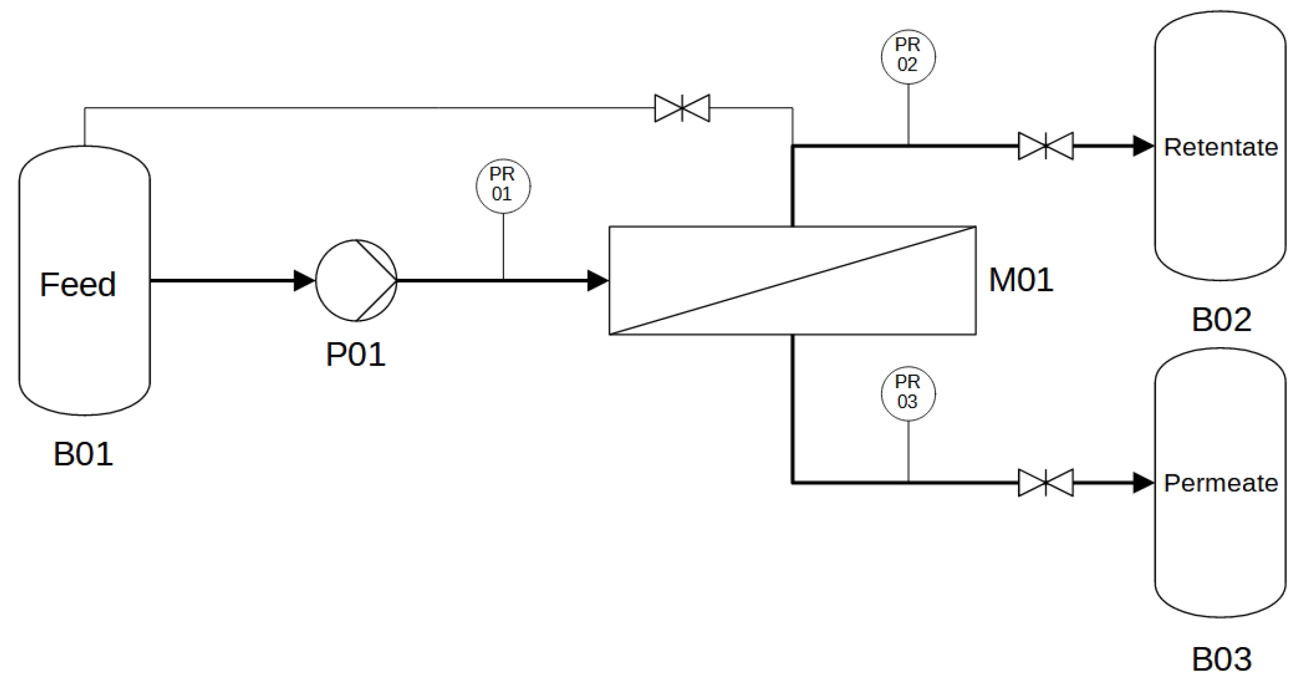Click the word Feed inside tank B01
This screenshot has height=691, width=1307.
(78, 284)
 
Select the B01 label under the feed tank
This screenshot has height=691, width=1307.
(83, 454)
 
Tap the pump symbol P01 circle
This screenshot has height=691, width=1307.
(356, 281)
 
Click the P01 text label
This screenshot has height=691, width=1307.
(355, 355)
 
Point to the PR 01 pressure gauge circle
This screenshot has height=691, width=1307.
(503, 186)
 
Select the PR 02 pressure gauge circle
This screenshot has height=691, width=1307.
(908, 56)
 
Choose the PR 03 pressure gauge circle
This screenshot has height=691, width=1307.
(908, 393)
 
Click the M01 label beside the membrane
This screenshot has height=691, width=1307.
(1021, 281)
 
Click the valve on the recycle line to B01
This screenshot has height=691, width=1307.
(682, 108)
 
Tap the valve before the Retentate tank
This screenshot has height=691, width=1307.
(1045, 147)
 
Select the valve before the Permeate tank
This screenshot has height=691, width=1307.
(1045, 483)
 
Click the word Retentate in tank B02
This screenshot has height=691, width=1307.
(1220, 147)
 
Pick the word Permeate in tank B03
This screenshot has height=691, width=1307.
(1220, 483)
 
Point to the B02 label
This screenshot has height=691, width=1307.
(1221, 320)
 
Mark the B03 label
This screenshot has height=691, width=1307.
(1221, 660)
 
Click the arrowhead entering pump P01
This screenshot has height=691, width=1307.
(304, 281)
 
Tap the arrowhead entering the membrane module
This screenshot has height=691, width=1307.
(597, 281)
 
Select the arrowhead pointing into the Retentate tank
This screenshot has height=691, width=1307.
(1143, 147)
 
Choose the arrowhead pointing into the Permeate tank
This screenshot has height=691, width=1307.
(1143, 483)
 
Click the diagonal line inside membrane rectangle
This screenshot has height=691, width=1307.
(793, 281)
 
